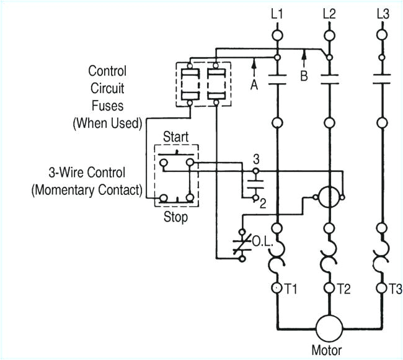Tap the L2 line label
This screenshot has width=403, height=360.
pos(330,13)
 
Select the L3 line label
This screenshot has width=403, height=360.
pos(383,13)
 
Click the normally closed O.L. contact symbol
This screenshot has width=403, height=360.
pos(239,243)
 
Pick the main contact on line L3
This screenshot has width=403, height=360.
pos(383,79)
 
